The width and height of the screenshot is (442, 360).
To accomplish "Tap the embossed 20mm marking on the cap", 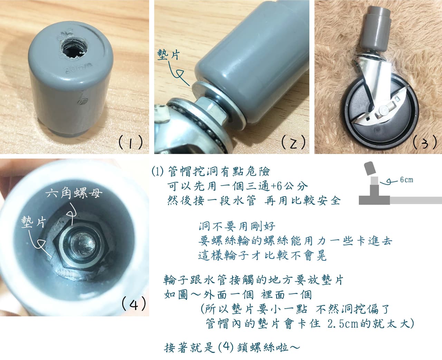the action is click(78, 68).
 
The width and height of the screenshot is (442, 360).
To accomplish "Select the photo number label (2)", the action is click(293, 142).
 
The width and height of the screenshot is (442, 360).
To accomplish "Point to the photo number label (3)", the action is click(425, 142).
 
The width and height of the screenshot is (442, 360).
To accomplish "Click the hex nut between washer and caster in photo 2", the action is click(211, 110).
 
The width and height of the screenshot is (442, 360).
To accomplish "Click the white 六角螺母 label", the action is click(74, 193).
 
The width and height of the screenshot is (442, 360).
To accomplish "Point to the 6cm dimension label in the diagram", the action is click(407, 180).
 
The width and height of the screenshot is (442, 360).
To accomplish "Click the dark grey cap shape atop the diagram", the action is click(370, 169).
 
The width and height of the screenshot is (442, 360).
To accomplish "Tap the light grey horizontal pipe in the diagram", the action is click(416, 200).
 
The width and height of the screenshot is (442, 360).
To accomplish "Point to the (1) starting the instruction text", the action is click(158, 171).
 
